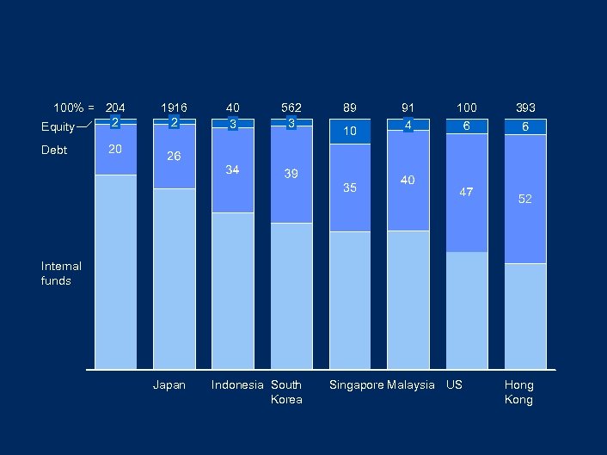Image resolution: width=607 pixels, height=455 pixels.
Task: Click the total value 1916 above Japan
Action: tap(174, 108)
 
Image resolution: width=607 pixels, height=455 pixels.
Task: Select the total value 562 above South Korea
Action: tap(291, 108)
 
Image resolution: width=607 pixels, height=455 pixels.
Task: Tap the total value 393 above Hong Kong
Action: tap(525, 108)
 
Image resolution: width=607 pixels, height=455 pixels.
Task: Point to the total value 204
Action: tap(115, 108)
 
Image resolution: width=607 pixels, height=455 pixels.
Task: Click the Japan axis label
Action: tap(169, 385)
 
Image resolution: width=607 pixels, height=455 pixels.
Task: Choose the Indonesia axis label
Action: tap(237, 385)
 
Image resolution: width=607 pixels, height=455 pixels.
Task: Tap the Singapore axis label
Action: tap(356, 385)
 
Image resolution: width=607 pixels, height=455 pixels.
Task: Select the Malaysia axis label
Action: tap(411, 385)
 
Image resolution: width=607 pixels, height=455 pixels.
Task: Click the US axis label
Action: tap(454, 385)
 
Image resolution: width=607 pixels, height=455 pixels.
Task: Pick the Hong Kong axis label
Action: tap(518, 392)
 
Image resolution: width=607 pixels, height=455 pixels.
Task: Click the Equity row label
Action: tap(58, 127)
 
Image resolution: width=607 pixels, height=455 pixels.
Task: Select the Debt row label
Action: tap(54, 151)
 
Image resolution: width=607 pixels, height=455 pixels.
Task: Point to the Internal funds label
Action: tap(61, 274)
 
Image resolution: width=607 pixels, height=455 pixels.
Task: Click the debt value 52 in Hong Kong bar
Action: tap(524, 199)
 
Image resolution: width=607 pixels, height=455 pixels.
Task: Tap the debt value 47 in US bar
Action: tap(466, 193)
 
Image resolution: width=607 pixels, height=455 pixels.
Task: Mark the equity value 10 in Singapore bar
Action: tap(350, 132)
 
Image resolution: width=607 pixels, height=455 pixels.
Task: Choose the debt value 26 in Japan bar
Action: tap(174, 157)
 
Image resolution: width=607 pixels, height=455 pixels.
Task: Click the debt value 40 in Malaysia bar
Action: tap(408, 180)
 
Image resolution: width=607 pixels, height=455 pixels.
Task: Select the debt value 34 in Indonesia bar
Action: tap(232, 169)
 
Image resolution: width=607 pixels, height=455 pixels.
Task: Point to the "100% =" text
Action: tap(74, 108)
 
